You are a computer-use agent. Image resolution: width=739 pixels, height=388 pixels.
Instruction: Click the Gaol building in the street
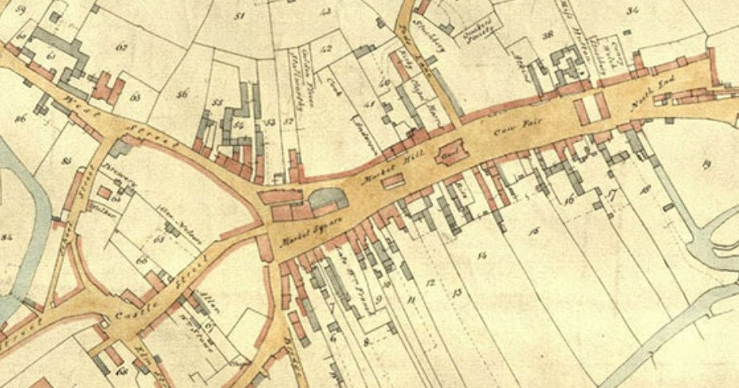point(450,152)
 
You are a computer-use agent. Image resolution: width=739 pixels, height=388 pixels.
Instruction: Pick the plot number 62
point(122,47)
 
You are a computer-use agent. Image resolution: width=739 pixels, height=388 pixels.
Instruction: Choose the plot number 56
point(182,95)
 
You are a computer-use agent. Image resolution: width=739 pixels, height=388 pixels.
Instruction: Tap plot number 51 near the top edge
point(237,15)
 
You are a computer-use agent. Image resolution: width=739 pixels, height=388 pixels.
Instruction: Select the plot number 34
point(634,10)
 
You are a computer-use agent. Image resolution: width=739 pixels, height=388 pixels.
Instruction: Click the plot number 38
point(548,35)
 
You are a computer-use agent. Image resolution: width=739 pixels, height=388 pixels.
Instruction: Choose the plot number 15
point(534,232)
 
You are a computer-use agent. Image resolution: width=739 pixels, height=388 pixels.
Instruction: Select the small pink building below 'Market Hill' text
point(392,182)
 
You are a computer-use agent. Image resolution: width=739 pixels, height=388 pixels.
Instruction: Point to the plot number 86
point(20,118)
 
